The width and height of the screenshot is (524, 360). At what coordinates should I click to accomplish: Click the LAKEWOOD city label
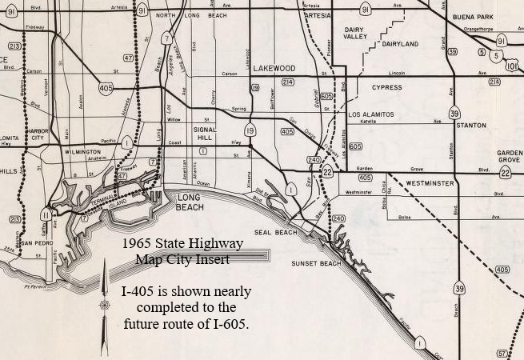point(274,69)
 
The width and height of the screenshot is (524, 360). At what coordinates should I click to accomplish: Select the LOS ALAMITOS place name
point(371,114)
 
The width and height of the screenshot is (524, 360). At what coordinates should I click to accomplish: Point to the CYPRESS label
point(386,87)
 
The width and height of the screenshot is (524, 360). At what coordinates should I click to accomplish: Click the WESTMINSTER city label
point(430,183)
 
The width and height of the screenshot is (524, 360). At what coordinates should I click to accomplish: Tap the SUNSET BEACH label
point(316,263)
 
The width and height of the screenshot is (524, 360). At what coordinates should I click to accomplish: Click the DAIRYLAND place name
point(399,44)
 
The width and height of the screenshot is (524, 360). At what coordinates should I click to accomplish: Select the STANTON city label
point(470,126)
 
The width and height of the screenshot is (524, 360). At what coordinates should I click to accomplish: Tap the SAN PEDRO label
point(37,242)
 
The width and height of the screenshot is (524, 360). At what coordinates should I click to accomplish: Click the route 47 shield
point(128,58)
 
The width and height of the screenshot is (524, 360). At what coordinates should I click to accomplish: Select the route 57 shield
point(502,353)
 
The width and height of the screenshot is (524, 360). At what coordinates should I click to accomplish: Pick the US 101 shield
point(512,65)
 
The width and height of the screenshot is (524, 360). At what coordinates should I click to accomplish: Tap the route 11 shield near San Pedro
point(46,214)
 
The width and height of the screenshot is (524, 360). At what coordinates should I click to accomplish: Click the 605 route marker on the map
point(355,146)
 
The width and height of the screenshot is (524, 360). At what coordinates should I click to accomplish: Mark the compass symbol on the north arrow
point(104,305)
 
